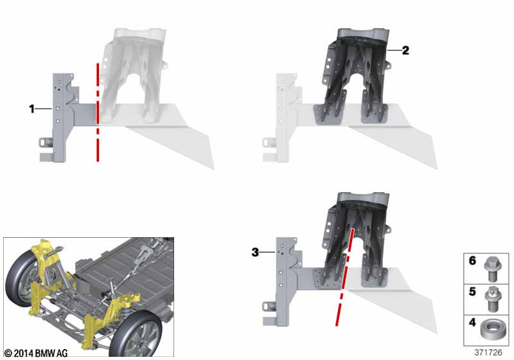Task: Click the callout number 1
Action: tap(31, 109)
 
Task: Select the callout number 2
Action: tap(405, 50)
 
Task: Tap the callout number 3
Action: tap(255, 252)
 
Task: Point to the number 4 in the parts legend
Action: tap(472, 322)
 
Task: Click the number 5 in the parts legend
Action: tap(472, 291)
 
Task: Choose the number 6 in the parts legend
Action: tap(472, 260)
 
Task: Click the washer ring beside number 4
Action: tap(491, 330)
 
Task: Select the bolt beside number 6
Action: tap(491, 269)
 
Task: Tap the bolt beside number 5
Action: tap(492, 299)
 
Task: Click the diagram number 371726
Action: tap(488, 352)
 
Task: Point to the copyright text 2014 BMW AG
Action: tap(36, 353)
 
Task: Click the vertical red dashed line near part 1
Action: tap(98, 112)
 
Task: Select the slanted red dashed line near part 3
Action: tap(344, 277)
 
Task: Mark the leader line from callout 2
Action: tap(394, 50)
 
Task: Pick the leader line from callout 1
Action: tap(44, 109)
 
